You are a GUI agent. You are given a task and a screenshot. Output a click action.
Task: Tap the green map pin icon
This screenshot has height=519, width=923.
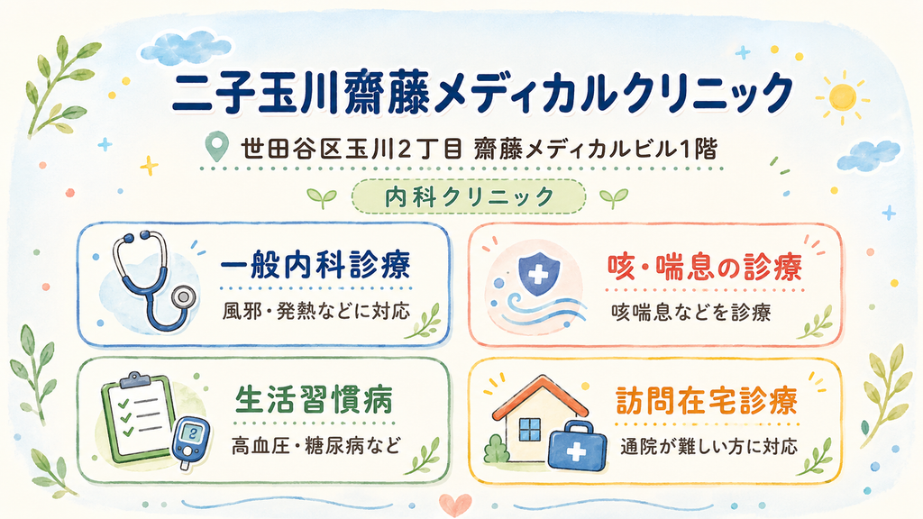[218, 147]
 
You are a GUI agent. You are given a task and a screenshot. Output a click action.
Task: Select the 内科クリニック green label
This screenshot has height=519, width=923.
[469, 196]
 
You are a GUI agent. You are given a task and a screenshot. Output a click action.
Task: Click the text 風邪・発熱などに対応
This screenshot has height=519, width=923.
[316, 311]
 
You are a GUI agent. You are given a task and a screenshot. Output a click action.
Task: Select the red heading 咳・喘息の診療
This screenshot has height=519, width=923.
[705, 268]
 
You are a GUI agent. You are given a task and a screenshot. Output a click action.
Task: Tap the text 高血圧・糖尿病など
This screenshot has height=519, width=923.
[316, 445]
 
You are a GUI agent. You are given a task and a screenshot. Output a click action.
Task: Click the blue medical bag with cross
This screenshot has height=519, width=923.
[577, 445]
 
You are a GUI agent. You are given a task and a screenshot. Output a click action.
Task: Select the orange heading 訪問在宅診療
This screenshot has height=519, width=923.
[707, 401]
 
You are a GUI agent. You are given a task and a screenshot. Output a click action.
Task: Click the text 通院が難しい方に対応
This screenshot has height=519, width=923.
[709, 446]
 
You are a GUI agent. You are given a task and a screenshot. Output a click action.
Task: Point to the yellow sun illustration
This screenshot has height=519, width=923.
[843, 97]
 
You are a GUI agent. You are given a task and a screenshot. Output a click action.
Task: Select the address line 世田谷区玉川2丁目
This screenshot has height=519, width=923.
[352, 150]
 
